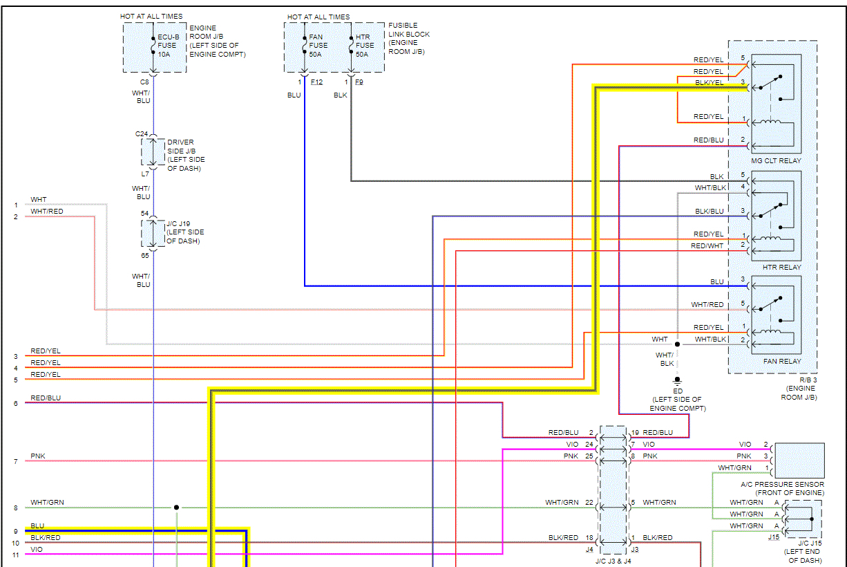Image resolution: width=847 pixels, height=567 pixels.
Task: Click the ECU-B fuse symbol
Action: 153,46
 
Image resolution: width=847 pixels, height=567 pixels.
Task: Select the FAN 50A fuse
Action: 304,46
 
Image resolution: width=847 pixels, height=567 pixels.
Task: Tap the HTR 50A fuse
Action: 350,46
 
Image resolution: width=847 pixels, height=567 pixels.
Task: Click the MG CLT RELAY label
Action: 776,161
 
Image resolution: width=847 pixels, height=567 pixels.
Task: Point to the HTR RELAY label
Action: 781,268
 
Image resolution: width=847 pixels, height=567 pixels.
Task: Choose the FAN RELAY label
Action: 781,362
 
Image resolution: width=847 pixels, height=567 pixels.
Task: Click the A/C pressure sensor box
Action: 799,460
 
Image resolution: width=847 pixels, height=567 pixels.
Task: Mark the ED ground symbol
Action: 677,380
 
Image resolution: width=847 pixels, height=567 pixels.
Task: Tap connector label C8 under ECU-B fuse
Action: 143,82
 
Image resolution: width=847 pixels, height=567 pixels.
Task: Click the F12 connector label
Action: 316,82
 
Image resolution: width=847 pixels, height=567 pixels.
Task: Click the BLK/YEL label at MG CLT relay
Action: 709,83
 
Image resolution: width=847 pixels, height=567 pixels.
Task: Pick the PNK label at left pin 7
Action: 38,457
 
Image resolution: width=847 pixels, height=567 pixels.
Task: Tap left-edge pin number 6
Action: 15,403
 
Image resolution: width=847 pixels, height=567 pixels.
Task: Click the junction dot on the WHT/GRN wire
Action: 176,507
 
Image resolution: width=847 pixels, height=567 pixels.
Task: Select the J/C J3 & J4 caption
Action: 614,561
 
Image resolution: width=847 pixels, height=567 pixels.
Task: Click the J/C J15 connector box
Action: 803,519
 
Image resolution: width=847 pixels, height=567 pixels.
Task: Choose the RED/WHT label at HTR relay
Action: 707,246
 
